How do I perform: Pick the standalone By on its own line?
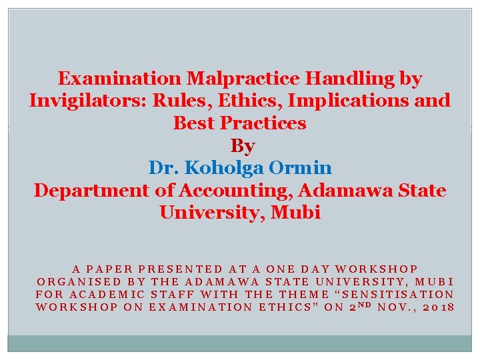pyautogui.click(x=242, y=145)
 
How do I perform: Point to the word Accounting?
pyautogui.click(x=231, y=190)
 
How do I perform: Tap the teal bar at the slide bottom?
pyautogui.click(x=240, y=343)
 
